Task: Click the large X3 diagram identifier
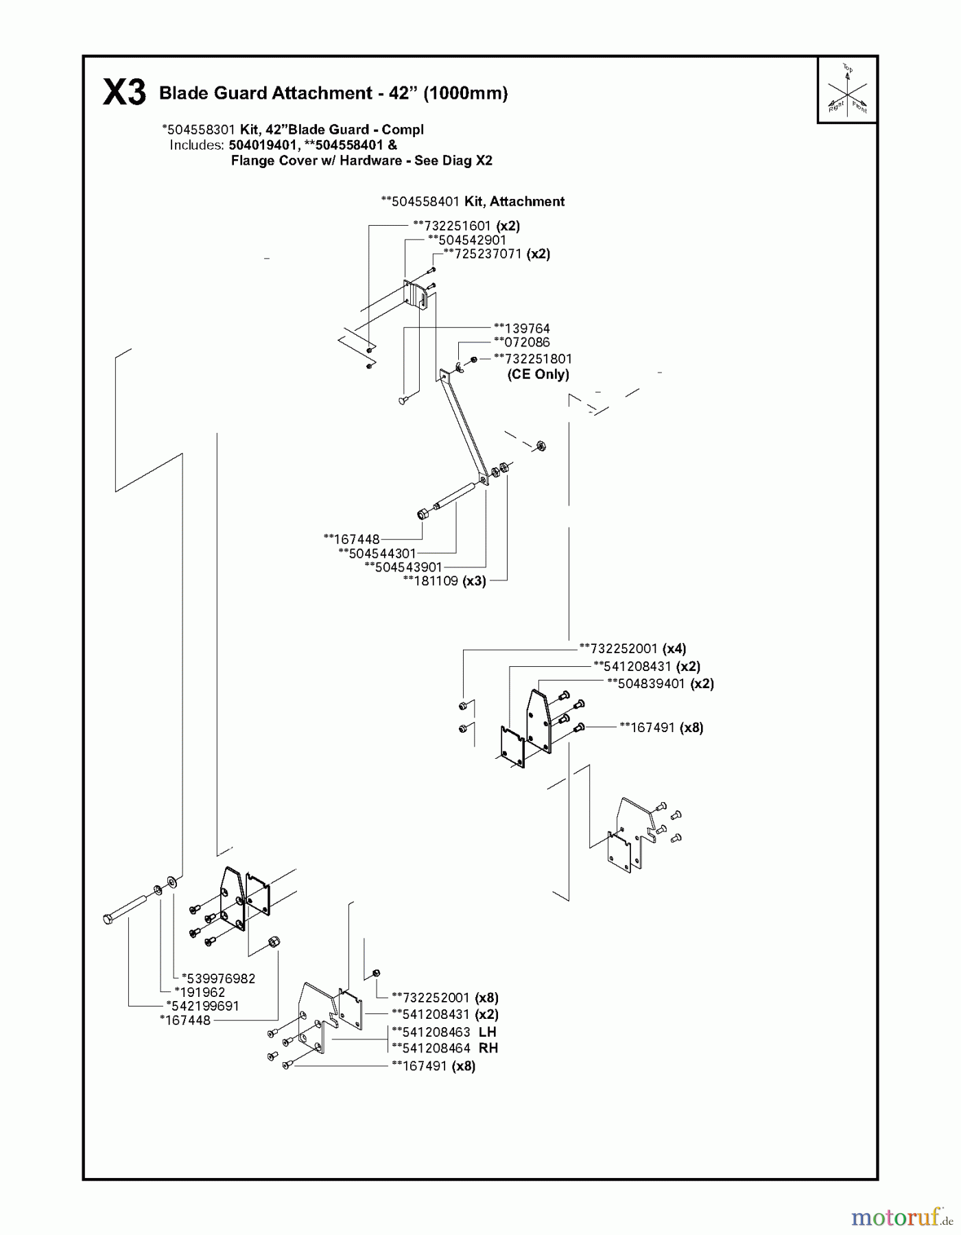pyautogui.click(x=124, y=93)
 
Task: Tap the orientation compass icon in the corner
pyautogui.click(x=847, y=90)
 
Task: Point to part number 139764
pyautogui.click(x=525, y=329)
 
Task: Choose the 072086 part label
pyautogui.click(x=525, y=342)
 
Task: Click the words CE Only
pyautogui.click(x=538, y=375)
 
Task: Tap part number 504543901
pyautogui.click(x=407, y=567)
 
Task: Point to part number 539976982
pyautogui.click(x=218, y=978)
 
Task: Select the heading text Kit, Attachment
pyautogui.click(x=514, y=202)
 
